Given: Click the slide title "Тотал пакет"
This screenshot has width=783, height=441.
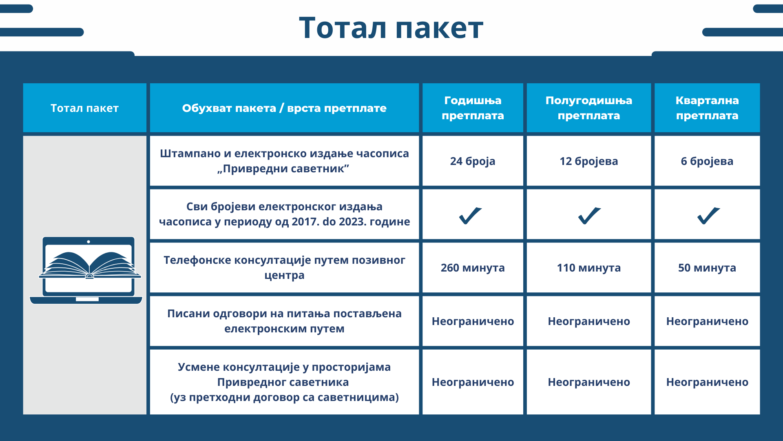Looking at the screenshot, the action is point(391,28).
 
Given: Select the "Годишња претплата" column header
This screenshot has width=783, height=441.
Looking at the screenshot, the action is point(473,108).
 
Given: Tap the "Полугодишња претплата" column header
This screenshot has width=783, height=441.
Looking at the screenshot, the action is point(588,108).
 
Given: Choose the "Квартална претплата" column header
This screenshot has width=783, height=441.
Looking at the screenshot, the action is point(707,108).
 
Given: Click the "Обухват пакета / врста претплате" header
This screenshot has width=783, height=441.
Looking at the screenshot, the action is point(284,108).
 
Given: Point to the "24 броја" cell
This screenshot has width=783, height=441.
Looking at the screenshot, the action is point(473,161).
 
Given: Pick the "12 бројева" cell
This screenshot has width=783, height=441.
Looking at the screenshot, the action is point(588,161).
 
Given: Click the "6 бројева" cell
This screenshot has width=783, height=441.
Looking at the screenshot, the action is point(707,161).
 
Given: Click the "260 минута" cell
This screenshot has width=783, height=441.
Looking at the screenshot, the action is point(473,268).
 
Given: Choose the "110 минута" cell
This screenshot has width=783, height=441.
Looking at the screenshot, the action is point(588,268).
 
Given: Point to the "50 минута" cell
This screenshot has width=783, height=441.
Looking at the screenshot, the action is point(707,268).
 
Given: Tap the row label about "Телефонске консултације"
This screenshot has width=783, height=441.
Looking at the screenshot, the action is point(284,267).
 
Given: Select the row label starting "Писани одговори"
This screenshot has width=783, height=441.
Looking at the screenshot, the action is point(284,321).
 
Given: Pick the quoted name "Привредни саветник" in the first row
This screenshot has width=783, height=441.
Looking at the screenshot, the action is point(283,169).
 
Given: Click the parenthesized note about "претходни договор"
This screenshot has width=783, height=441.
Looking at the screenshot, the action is point(284,397).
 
